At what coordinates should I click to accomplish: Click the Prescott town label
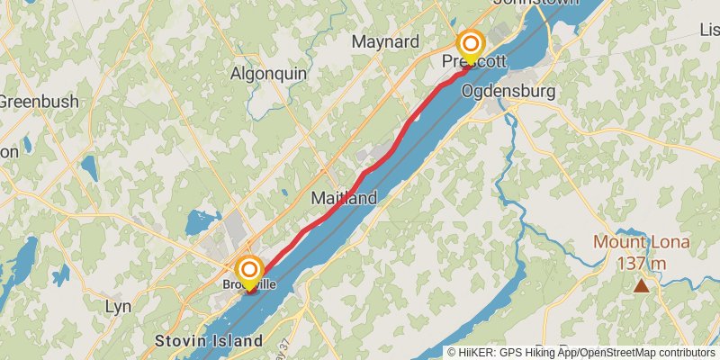pos(473,61)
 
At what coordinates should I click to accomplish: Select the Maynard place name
pos(385,41)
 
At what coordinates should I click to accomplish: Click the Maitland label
pos(344,197)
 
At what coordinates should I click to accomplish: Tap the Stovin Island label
pos(208,341)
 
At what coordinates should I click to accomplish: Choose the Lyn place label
pos(118,307)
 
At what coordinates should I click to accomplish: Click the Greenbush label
pos(39,101)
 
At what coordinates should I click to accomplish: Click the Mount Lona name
pos(641,242)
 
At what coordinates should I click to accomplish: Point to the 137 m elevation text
pos(641,263)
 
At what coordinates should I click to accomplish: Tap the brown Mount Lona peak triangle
pos(641,286)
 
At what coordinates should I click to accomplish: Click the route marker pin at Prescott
pos(470,44)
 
